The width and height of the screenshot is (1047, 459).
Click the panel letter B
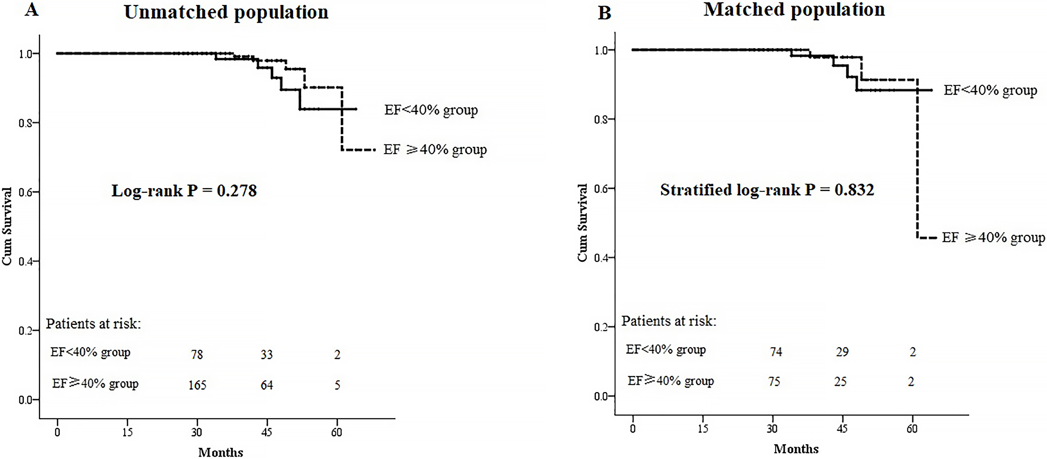[604, 13]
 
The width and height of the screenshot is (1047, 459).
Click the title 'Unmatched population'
[226, 12]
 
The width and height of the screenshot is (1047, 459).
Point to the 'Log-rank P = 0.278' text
[184, 191]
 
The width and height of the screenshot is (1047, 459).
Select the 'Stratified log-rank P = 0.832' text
[767, 190]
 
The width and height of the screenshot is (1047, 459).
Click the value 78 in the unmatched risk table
[197, 355]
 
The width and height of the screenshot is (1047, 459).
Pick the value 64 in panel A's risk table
[267, 385]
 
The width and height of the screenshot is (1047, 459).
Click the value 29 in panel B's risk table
[842, 352]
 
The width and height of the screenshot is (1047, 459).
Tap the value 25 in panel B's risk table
[840, 381]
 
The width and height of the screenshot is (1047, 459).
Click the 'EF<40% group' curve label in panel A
[431, 110]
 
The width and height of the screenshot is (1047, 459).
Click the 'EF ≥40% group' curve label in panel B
[993, 237]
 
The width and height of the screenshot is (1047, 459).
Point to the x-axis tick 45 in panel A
[267, 432]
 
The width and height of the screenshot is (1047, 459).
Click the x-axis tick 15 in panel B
[703, 428]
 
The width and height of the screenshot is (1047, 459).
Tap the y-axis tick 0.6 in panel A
[26, 192]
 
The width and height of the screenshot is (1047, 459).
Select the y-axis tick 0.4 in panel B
[601, 258]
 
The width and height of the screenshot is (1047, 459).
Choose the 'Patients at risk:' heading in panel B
[668, 321]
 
